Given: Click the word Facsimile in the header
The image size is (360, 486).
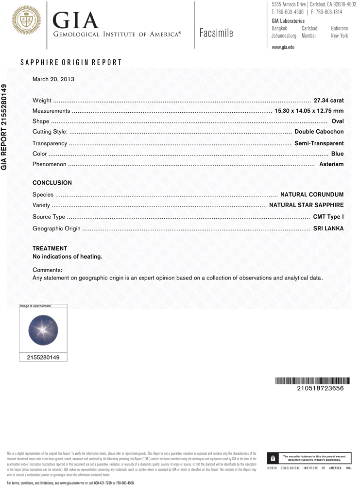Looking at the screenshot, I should (216, 33).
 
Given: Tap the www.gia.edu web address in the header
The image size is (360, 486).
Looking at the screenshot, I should (283, 47).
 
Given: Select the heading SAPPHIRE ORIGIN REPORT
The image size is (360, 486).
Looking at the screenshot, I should (71, 63).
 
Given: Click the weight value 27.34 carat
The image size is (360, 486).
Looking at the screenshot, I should (329, 100).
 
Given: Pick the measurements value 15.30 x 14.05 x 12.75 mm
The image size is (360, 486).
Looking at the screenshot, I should (309, 111).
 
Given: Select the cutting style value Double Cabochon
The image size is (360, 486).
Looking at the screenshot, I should (319, 132).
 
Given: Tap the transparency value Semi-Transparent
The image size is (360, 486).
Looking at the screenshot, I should (319, 143).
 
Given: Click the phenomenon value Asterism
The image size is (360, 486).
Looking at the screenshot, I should (331, 164).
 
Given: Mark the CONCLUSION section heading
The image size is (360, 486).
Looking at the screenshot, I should (52, 183).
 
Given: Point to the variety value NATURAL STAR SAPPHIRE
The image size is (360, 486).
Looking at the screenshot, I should (306, 205).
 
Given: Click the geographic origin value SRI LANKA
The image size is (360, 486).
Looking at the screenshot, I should (328, 228).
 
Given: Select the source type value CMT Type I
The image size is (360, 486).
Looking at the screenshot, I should (328, 217).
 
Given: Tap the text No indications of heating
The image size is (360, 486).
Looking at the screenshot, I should (67, 257).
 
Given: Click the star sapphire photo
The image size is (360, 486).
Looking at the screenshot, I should (43, 330).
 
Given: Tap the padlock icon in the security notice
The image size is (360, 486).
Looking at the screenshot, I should (273, 458).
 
